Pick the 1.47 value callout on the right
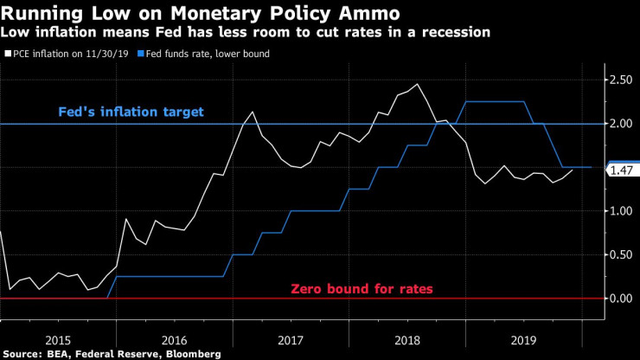tap(623, 170)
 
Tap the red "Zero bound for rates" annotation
tap(362, 288)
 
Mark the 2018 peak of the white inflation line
tap(418, 84)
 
